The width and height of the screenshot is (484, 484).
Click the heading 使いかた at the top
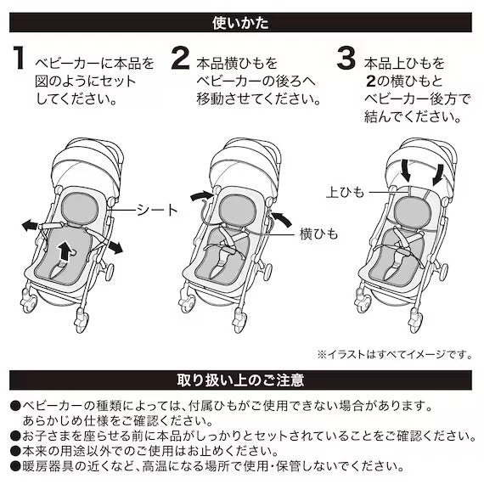coord(241,17)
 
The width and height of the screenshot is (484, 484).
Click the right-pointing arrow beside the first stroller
coord(113,245)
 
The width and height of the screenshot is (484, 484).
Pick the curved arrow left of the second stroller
coord(200,197)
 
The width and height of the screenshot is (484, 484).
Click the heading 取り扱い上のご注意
coord(241,379)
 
